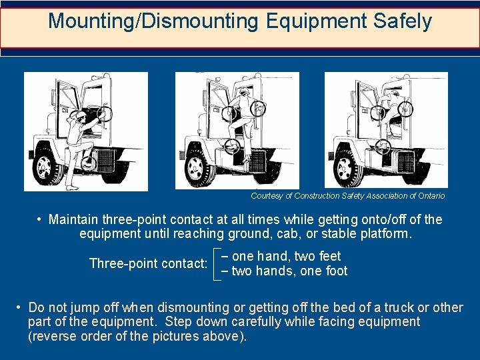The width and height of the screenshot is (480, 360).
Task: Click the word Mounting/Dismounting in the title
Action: point(153,21)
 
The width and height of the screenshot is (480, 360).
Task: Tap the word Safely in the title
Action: point(402,21)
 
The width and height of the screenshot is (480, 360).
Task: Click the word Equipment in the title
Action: point(316,22)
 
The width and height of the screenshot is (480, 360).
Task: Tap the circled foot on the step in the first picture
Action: point(89,164)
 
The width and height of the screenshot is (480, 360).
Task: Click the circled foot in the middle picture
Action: point(232,147)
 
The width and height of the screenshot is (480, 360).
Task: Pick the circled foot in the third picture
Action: point(383,147)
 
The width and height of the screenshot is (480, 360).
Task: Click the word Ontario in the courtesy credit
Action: point(431,196)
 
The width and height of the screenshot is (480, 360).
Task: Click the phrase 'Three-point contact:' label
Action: point(149,263)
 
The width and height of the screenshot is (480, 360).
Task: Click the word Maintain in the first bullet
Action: point(73,219)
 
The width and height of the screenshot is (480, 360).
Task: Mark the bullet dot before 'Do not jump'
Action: point(19,307)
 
